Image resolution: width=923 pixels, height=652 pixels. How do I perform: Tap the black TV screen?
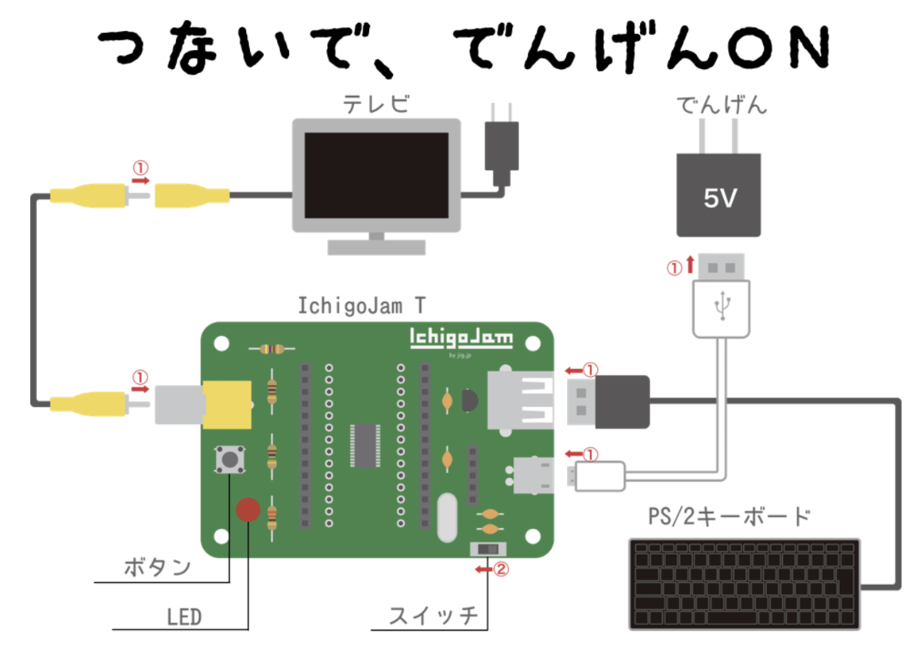click(x=376, y=175)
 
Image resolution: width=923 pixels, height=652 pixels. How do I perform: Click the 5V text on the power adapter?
click(x=719, y=199)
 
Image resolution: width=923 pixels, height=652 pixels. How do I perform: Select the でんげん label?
click(x=720, y=105)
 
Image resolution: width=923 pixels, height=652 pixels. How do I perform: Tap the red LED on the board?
click(x=248, y=509)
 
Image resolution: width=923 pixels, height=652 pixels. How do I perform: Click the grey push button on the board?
click(x=229, y=460)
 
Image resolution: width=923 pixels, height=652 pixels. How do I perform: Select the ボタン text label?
click(x=157, y=568)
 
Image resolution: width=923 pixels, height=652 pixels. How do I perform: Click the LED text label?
click(x=184, y=617)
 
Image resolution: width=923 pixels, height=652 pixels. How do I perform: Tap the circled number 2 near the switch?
click(x=501, y=570)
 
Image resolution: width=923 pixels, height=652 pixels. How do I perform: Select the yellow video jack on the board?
click(x=227, y=404)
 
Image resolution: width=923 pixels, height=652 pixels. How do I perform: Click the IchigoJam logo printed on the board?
click(x=461, y=338)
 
